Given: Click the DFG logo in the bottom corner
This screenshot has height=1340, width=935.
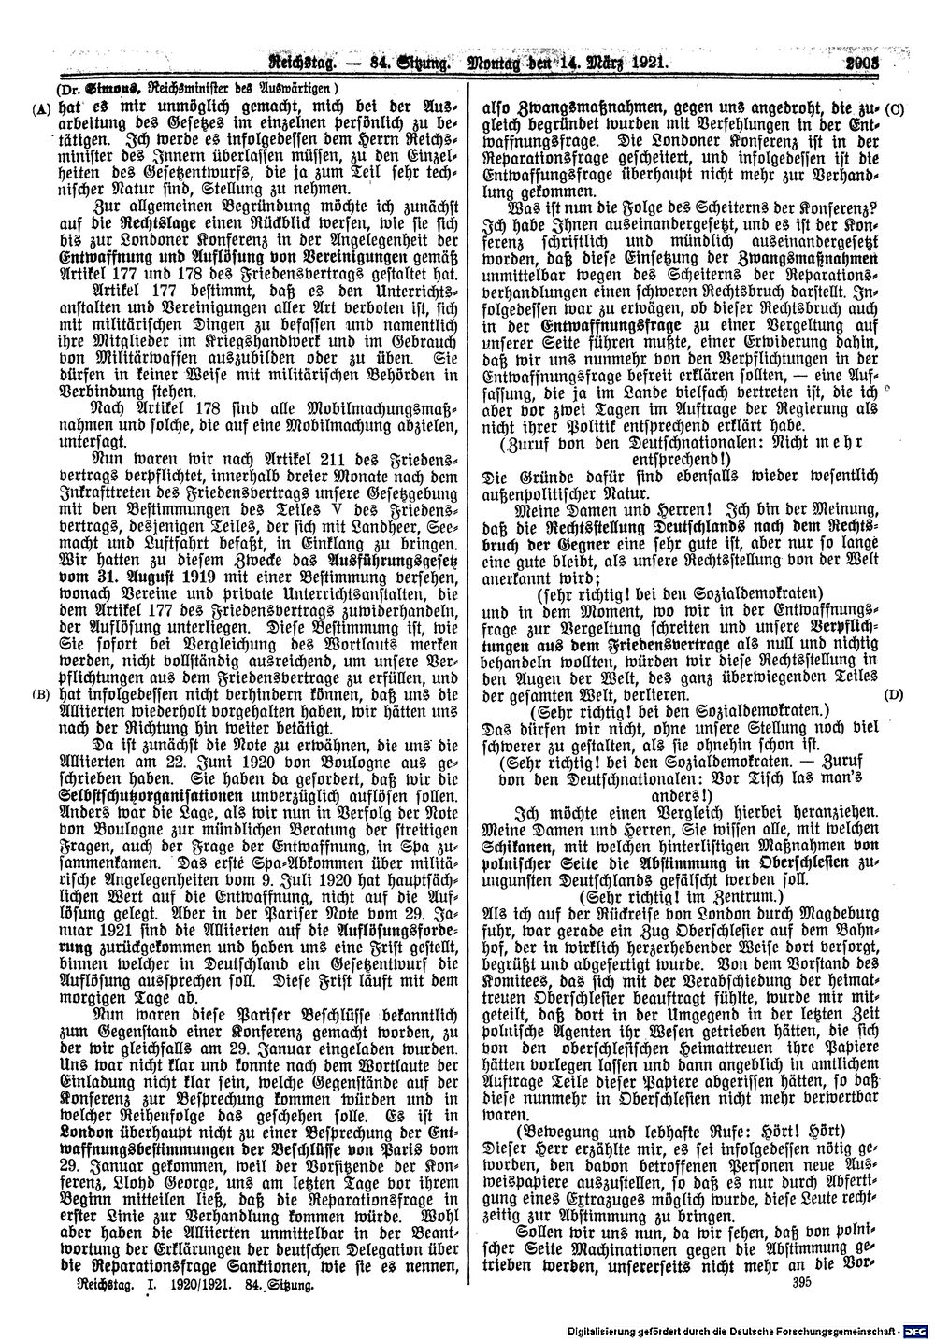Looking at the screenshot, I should pos(918,1329).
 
